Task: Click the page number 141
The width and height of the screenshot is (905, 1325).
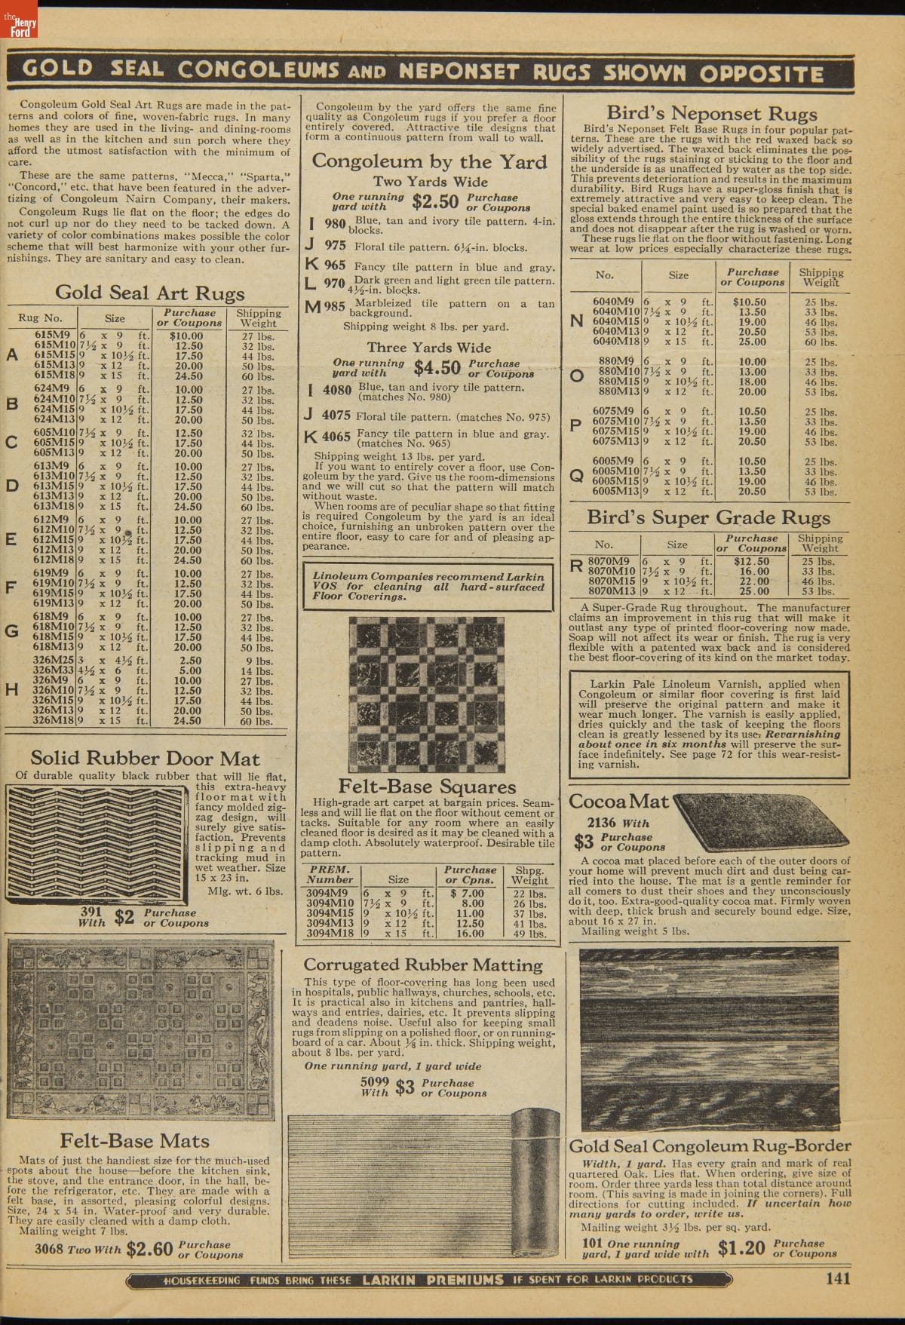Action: [x=837, y=1277]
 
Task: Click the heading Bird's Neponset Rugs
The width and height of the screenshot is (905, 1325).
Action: [x=711, y=113]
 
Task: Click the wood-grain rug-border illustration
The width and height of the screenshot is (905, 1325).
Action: [x=713, y=1041]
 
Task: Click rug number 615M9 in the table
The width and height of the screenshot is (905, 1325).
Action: [x=54, y=336]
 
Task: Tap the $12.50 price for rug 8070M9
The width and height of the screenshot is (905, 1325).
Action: [x=753, y=561]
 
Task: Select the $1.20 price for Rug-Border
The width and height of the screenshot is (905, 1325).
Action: [x=741, y=1247]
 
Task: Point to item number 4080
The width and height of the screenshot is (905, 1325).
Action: [x=336, y=392]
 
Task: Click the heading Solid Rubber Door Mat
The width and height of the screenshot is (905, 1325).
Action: [x=145, y=759]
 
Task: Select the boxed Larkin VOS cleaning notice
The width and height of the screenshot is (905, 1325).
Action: [x=428, y=586]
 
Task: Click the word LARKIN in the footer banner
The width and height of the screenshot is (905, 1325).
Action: [x=391, y=1279]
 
